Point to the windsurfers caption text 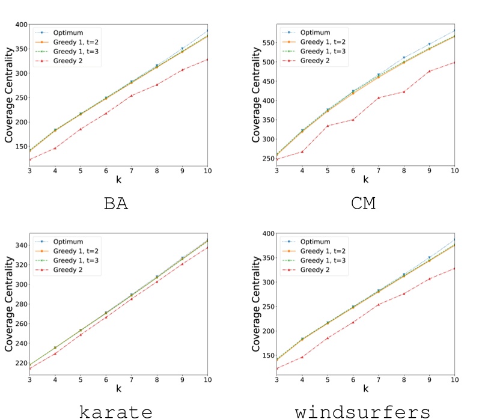pos(362,411)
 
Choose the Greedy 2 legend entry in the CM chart pos(316,61)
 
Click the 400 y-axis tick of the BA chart pos(21,24)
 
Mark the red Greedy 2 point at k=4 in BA pos(55,148)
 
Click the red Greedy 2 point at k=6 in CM pos(353,120)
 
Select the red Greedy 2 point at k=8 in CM pos(403,92)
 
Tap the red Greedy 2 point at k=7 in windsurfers pos(378,305)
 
